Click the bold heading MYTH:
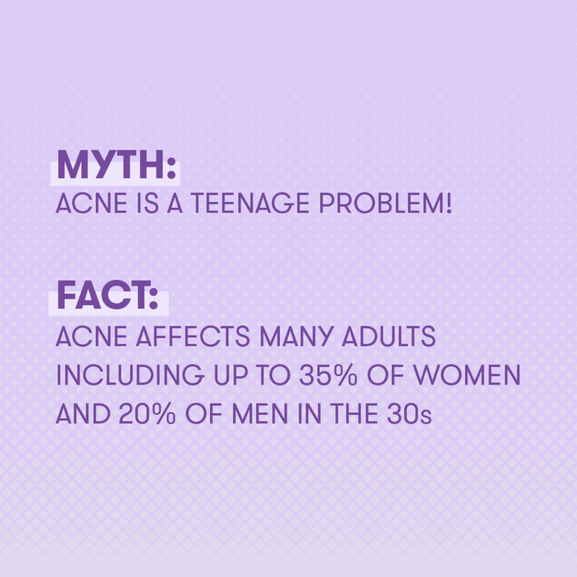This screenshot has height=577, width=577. tap(116, 164)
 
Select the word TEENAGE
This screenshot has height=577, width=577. tap(250, 203)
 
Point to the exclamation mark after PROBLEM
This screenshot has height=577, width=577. tap(448, 203)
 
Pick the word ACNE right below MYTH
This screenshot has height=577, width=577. tap(91, 203)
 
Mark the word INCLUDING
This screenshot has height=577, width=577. tap(130, 375)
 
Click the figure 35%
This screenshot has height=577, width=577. tap(328, 375)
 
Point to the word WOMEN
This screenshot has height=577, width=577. tap(467, 375)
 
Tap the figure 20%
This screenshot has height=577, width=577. tap(147, 414)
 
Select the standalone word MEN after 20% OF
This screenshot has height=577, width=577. tap(260, 414)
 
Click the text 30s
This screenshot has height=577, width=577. tap(409, 414)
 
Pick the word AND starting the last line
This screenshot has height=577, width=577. tap(83, 414)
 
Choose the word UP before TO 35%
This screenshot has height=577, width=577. tap(231, 375)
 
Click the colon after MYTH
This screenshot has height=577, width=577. tap(171, 169)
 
